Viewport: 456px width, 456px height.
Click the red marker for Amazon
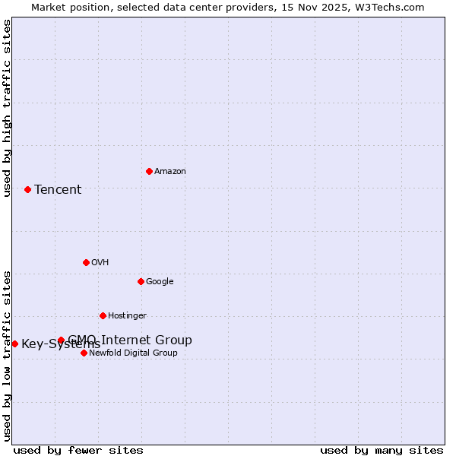(x=149, y=171)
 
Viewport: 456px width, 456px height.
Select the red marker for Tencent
(x=27, y=189)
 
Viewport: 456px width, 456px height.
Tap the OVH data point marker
(x=86, y=262)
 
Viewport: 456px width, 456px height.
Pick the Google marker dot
(x=141, y=281)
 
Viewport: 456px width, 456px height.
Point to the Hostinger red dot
(x=103, y=315)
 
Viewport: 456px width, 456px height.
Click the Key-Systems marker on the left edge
(x=14, y=344)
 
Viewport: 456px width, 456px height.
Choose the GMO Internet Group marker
(x=61, y=340)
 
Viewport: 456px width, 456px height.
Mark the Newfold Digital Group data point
(x=84, y=353)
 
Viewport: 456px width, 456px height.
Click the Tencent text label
(x=58, y=189)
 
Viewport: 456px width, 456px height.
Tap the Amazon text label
(x=169, y=171)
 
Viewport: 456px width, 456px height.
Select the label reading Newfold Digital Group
(x=133, y=353)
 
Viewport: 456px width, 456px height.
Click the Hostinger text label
(x=127, y=315)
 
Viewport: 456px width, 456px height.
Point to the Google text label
(x=160, y=281)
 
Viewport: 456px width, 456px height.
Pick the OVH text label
(x=100, y=262)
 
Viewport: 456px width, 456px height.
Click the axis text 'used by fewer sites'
(x=78, y=450)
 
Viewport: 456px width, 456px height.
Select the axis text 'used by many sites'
(x=382, y=450)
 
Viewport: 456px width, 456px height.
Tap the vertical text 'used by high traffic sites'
(x=7, y=108)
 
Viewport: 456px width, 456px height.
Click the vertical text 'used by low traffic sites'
(x=7, y=356)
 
